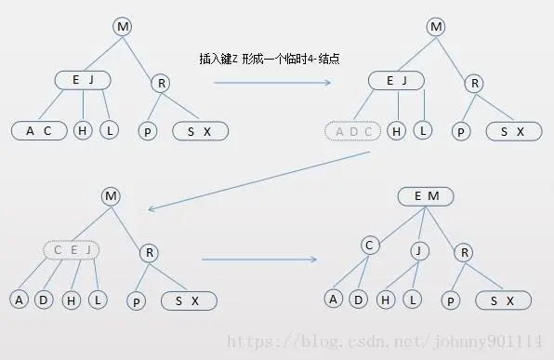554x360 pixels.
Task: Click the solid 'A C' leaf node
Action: [39, 131]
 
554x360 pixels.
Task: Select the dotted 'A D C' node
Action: [352, 131]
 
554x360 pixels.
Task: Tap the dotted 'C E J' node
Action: [72, 249]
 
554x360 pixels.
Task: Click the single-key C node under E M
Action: [369, 245]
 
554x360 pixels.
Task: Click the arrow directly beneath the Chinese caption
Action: [272, 82]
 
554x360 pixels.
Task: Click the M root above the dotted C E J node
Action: [112, 196]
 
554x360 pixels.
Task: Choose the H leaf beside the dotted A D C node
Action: [398, 131]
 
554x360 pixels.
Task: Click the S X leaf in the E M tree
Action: [502, 300]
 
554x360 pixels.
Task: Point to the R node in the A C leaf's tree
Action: [161, 84]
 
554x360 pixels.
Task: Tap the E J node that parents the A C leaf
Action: [83, 80]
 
